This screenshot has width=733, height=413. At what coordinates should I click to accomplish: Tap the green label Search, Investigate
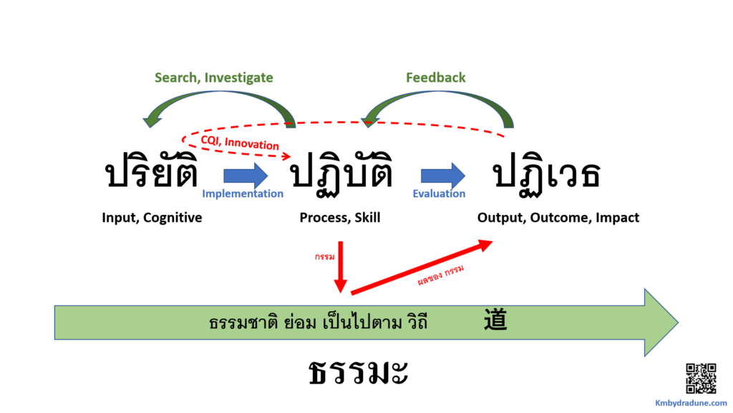pyautogui.click(x=214, y=77)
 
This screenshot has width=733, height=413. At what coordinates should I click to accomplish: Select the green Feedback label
pyautogui.click(x=435, y=77)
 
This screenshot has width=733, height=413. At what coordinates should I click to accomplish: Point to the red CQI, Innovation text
pyautogui.click(x=240, y=143)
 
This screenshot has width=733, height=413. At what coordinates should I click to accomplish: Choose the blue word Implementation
pyautogui.click(x=243, y=194)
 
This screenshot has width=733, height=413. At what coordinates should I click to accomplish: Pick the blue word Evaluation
pyautogui.click(x=439, y=194)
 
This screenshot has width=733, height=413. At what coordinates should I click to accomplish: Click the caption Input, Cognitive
pyautogui.click(x=152, y=217)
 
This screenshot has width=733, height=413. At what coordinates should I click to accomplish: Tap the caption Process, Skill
pyautogui.click(x=340, y=217)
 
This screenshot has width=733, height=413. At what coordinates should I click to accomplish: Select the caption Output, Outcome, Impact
pyautogui.click(x=558, y=217)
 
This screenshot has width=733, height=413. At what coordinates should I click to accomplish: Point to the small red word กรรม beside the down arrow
pyautogui.click(x=323, y=255)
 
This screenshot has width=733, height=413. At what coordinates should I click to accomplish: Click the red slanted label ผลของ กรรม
pyautogui.click(x=441, y=276)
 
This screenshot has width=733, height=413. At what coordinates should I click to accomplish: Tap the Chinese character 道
pyautogui.click(x=495, y=320)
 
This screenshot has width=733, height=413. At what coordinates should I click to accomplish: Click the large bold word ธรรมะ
pyautogui.click(x=359, y=374)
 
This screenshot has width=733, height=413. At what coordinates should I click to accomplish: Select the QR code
pyautogui.click(x=701, y=379)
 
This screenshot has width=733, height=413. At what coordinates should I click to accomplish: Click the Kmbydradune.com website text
pyautogui.click(x=691, y=403)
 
